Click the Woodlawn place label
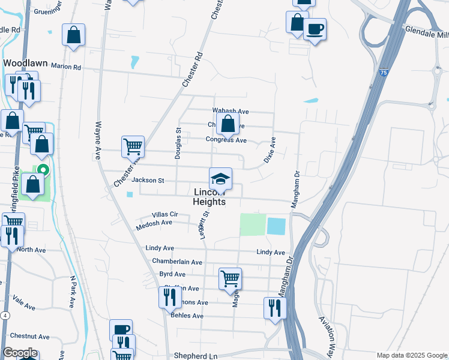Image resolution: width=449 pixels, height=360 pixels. pos(25,63)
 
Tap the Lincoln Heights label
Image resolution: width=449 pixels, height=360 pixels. pos(209,197)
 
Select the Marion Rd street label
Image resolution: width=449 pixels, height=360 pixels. pos(65,67)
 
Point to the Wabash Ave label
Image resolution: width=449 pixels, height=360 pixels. pos(231,111)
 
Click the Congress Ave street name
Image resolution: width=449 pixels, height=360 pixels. pos(226,140)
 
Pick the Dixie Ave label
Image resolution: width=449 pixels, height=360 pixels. pos(270,150)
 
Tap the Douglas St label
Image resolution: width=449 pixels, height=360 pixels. pos(178,143)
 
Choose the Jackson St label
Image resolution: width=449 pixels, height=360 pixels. pos(148,180)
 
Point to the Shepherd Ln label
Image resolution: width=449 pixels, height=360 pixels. pos(195,356)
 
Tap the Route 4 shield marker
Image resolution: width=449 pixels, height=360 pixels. pos(5,315)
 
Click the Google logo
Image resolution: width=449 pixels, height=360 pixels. pos(20,353)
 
